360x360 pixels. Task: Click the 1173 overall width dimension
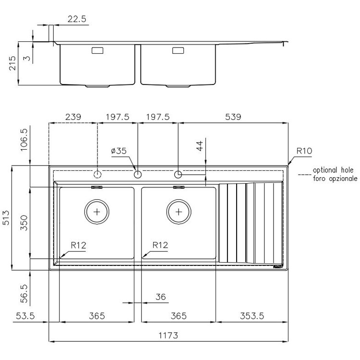[x=168, y=336]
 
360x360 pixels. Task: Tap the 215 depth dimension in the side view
[x=12, y=63]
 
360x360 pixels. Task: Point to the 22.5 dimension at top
[x=76, y=19]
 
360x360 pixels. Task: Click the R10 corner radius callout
[x=303, y=151]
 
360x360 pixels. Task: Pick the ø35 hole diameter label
[x=119, y=151]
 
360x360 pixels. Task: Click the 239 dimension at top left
[x=73, y=117]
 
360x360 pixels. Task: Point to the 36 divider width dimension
[x=160, y=298]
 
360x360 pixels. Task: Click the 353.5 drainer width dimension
[x=251, y=316]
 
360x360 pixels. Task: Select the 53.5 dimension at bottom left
[x=26, y=316]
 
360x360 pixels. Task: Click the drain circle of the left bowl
[x=97, y=212]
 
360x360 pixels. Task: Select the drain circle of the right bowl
[x=179, y=212]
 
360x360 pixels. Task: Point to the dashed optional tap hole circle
[x=97, y=174]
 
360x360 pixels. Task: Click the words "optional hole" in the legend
[x=333, y=170]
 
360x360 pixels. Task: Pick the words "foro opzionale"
[x=335, y=178]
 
